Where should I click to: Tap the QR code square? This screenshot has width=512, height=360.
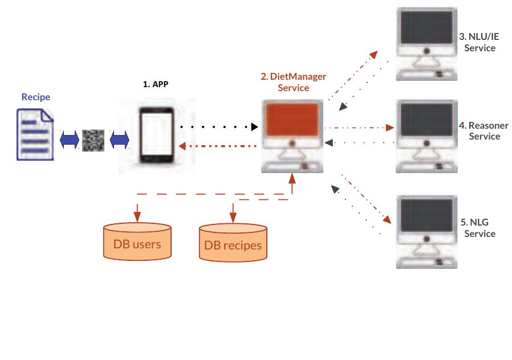(x=94, y=140)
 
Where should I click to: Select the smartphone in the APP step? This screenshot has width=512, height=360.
(x=156, y=136)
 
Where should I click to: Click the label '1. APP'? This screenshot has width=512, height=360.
(x=156, y=84)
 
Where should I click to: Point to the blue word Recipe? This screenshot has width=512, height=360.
(x=35, y=97)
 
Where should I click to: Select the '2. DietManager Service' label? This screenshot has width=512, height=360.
(x=294, y=82)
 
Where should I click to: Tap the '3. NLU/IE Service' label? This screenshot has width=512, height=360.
(x=480, y=42)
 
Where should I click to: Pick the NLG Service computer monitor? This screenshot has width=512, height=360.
(x=427, y=216)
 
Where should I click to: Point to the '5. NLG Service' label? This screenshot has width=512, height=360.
(x=479, y=228)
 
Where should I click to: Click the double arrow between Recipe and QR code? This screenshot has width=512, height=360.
(x=69, y=140)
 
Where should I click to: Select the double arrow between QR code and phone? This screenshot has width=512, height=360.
(x=120, y=140)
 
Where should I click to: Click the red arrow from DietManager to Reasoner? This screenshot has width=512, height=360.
(x=359, y=128)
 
